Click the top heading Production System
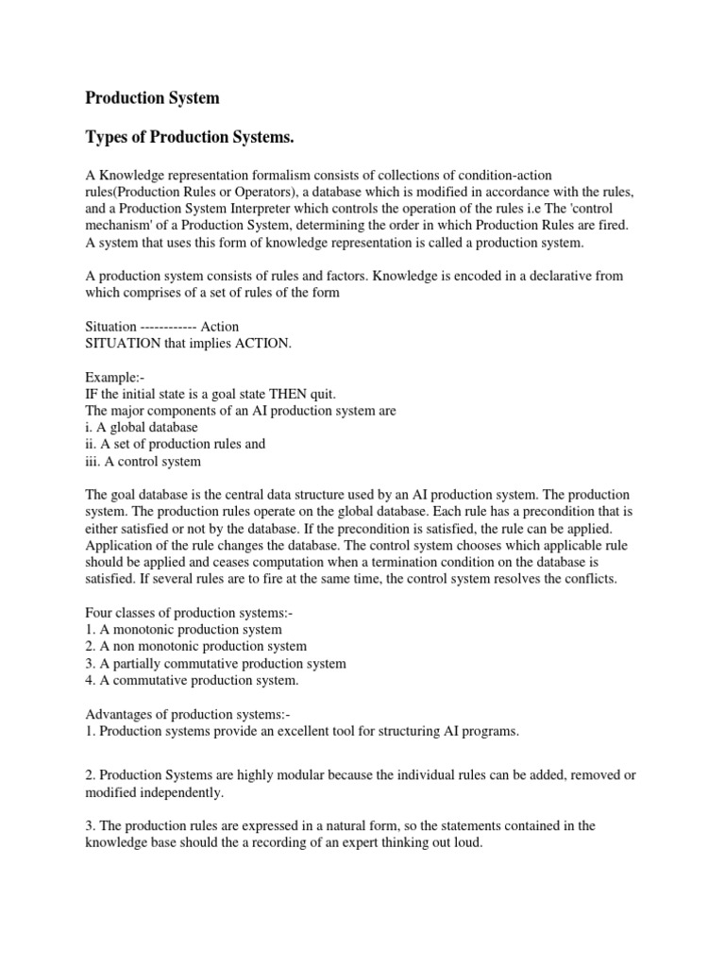pos(153,97)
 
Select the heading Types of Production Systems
pos(191,139)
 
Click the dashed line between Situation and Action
pos(169,327)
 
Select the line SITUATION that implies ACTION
pos(189,343)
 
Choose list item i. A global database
pos(142,428)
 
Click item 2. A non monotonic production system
pos(196,646)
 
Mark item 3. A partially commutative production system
pos(216,663)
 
